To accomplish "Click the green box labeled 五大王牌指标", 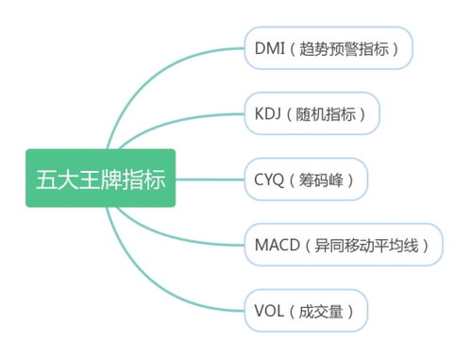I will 101,180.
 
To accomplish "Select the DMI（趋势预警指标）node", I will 328,47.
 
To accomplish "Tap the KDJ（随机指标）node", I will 311,113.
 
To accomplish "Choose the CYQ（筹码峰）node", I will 304,180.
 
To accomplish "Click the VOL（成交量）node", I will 304,311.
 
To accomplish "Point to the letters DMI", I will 271,47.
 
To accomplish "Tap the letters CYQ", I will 270,180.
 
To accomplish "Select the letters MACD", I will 277,245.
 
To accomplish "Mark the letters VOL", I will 270,311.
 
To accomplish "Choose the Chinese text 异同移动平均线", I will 369,245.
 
